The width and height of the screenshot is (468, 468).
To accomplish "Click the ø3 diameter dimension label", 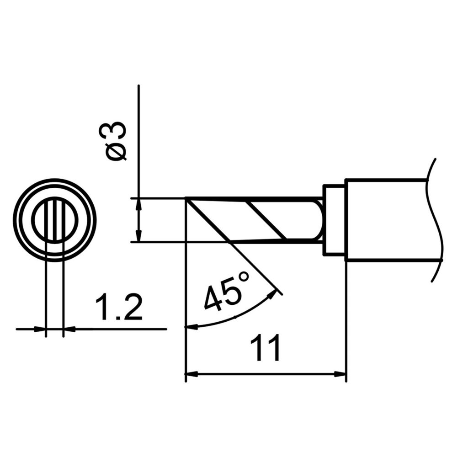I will coord(116,141).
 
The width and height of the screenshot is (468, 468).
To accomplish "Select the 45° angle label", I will coord(227,291).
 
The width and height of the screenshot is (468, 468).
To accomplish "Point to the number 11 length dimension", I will coord(266,350).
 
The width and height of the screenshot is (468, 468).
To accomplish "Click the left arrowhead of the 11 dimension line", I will coord(190,374).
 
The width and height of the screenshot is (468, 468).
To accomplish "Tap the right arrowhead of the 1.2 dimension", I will coord(68,328).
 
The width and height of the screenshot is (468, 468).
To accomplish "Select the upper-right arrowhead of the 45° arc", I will coord(275,292).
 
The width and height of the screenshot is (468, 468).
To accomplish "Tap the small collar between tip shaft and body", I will coord(334,220).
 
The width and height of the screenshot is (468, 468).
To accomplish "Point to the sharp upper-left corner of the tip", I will coord(186,198).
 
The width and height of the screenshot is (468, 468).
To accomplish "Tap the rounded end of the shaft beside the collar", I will coord(319,219).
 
